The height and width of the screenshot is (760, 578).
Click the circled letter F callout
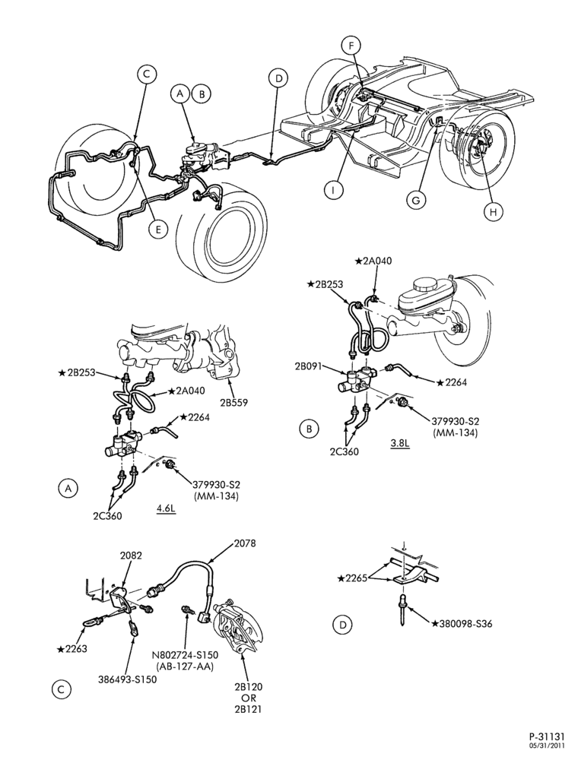click(351, 46)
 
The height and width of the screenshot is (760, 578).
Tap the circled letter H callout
click(493, 212)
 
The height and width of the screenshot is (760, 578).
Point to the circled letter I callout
click(334, 191)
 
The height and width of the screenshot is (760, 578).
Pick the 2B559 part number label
click(234, 402)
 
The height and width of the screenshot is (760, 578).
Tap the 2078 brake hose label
click(244, 543)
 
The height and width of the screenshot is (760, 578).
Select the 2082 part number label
click(131, 556)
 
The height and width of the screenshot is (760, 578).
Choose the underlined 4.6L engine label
click(167, 509)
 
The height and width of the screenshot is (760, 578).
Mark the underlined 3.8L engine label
click(400, 443)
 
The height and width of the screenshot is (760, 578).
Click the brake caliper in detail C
click(237, 626)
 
